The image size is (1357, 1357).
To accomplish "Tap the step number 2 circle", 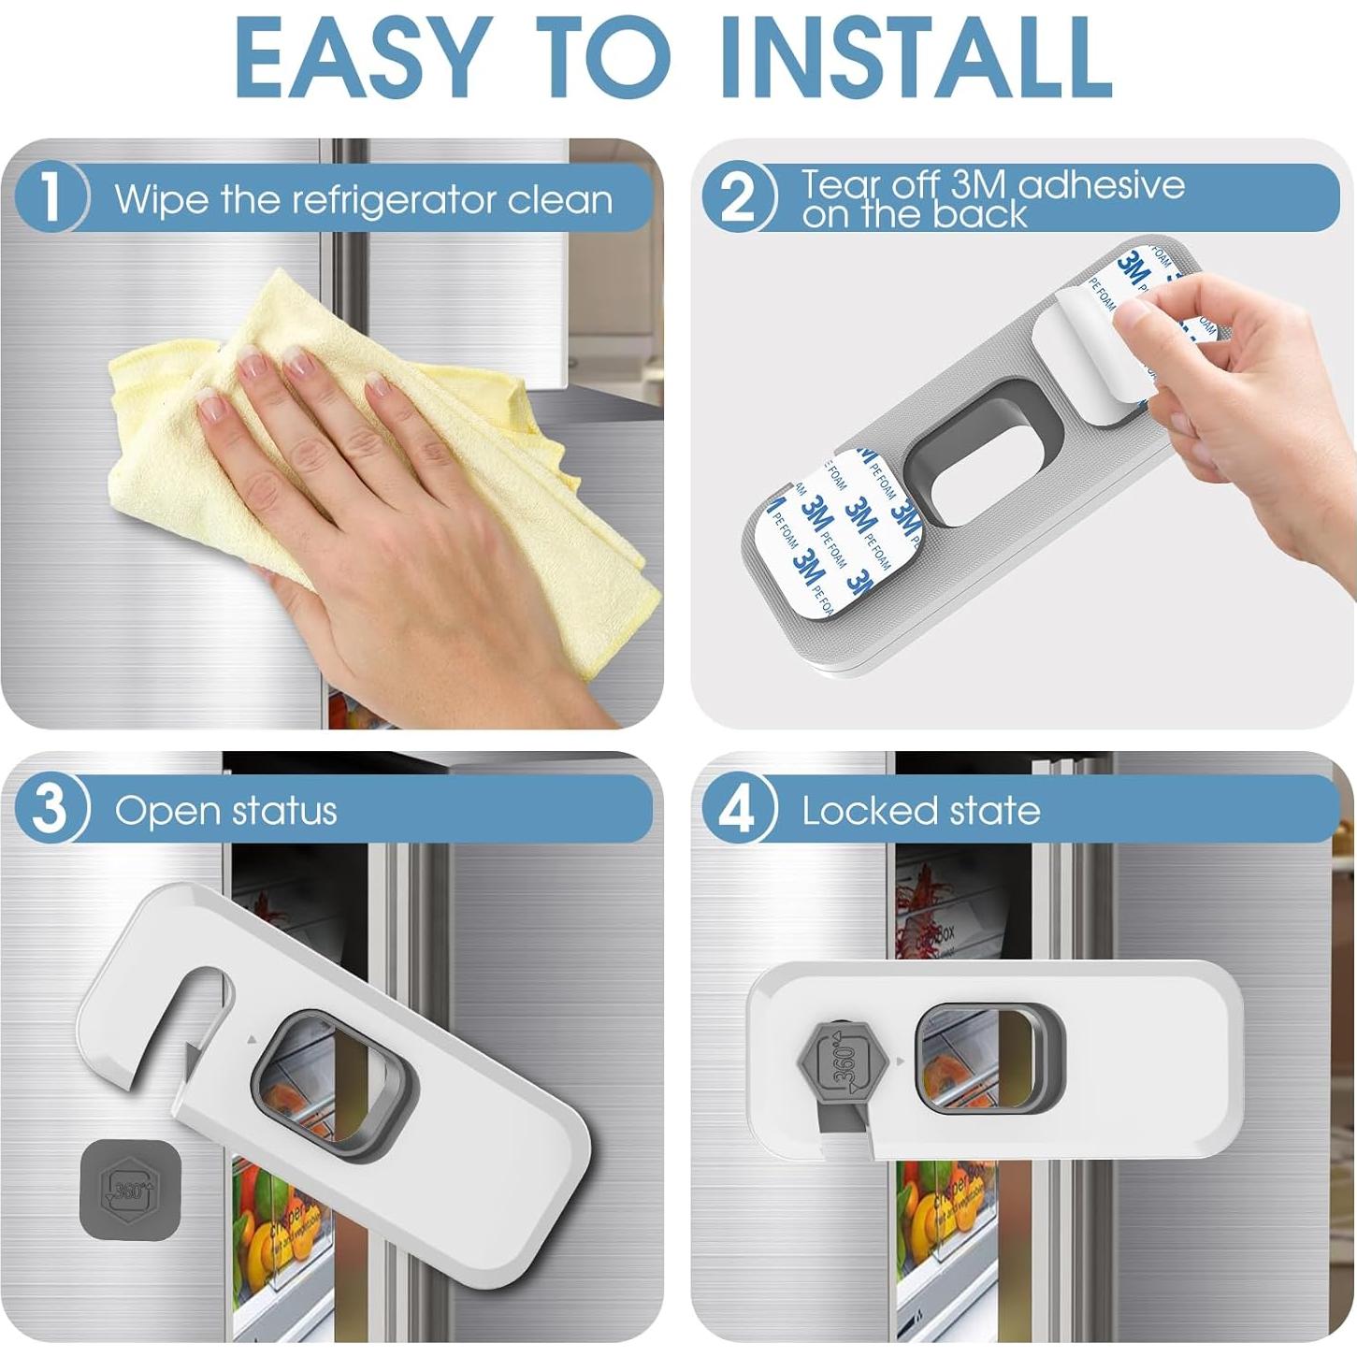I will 739,197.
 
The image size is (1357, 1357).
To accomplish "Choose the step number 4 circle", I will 739,808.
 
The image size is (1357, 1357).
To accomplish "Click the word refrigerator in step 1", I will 394,199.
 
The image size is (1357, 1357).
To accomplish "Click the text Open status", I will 225,810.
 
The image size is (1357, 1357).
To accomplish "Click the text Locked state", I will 920,810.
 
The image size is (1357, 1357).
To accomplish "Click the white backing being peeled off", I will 1085,355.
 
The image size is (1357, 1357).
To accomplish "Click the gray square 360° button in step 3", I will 130,1190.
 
